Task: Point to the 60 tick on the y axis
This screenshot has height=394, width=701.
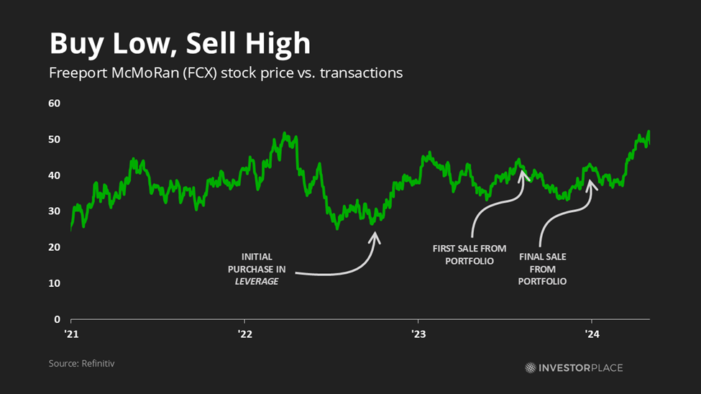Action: point(54,104)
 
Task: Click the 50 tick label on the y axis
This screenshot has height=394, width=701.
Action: point(54,139)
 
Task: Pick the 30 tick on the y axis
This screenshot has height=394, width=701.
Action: point(54,211)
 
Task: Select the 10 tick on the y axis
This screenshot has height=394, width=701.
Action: point(54,283)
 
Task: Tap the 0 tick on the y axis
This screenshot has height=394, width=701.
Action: point(57,319)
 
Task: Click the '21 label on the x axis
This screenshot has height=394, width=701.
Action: point(71,334)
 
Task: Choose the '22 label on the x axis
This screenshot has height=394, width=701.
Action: point(244,334)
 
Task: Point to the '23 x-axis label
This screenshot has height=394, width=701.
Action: point(418,334)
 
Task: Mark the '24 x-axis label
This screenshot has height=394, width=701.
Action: point(592,334)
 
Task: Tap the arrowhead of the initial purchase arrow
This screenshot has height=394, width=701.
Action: point(375,234)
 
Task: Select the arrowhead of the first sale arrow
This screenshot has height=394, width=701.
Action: point(523,173)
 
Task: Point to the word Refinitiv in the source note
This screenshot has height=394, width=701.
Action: point(97,364)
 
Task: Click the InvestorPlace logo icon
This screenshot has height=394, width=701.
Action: point(531,367)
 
